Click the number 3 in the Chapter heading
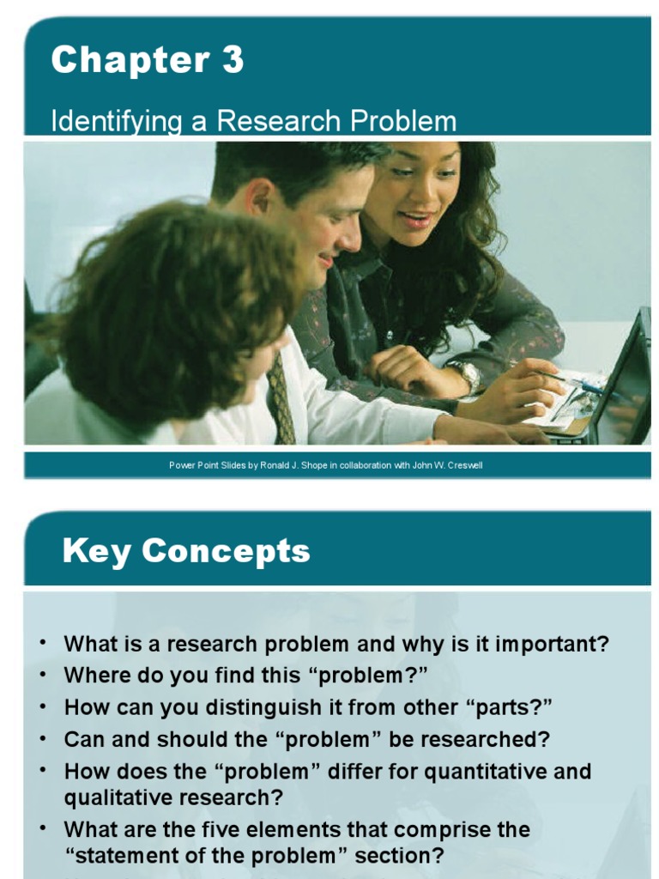(231, 61)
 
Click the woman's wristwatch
(467, 375)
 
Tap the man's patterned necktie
(281, 399)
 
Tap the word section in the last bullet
(390, 857)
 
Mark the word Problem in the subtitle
(402, 121)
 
